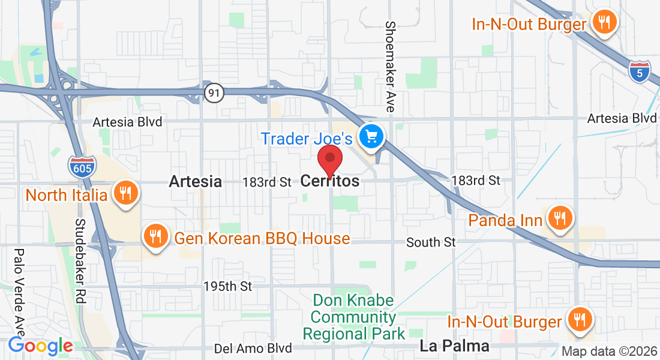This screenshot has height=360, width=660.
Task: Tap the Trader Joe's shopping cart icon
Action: coord(371,137)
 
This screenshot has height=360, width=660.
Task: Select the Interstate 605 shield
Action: coord(82,166)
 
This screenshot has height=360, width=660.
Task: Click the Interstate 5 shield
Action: coord(640,71)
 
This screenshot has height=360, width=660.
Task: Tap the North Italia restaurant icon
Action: coord(125,193)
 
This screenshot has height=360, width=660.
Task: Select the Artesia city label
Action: coord(195,181)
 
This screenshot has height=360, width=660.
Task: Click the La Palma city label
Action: coord(454,346)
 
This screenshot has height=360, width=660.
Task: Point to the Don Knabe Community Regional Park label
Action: coord(354,317)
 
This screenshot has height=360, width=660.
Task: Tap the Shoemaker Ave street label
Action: coord(390,67)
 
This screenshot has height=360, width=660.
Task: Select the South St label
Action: coord(431,242)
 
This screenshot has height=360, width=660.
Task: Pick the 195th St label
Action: coord(227,286)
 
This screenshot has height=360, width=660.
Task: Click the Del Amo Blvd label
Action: coord(253,348)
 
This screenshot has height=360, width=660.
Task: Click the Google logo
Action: coord(40,346)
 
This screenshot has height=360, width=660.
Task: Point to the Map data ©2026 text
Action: coord(609,352)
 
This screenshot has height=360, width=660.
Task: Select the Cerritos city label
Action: coord(330,181)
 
